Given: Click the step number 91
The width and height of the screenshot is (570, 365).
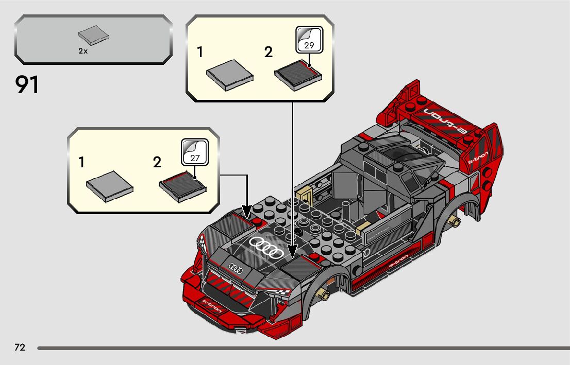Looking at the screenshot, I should coord(28,84).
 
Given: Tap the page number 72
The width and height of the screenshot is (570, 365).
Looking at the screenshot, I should coord(20,347).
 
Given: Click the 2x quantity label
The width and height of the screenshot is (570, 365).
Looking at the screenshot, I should coord(83,51).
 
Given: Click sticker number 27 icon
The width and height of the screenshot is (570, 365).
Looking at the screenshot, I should coord(194,153).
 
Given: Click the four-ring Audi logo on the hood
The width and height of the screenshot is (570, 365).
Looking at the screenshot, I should coord(266,248).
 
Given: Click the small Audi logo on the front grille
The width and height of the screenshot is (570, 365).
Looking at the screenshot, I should coord(236,268).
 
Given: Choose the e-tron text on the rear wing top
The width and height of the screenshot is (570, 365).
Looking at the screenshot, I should coord(444,121).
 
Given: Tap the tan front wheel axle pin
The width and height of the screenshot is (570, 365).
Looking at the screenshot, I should coord(325,294).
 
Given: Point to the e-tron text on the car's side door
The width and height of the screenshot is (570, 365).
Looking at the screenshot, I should coord(398,260).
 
